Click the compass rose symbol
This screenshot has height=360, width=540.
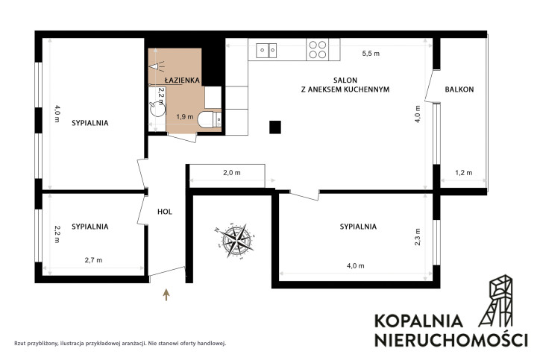(237, 240)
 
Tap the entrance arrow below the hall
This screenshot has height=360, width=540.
(166, 295)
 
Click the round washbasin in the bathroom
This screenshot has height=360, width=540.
(158, 108)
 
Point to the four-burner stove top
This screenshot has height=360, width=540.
(318, 49)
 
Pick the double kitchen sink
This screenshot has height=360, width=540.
(266, 51)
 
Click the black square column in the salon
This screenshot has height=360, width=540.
(274, 127)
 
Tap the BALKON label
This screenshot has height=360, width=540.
(459, 89)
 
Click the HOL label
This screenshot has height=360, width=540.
(165, 212)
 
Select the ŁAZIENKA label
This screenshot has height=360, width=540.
(182, 80)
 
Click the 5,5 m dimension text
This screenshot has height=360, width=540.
(371, 54)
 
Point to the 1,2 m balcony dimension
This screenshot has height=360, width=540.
(463, 173)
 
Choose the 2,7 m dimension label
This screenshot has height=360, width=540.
(93, 260)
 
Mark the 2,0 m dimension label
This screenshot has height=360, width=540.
(232, 173)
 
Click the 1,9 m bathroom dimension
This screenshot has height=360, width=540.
(185, 117)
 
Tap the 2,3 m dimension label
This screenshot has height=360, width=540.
(418, 237)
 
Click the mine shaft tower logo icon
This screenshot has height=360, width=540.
(495, 300)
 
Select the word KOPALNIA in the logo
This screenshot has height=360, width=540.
(418, 320)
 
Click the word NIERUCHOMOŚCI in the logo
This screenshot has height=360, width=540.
(450, 339)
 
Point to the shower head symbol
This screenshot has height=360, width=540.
(157, 66)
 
